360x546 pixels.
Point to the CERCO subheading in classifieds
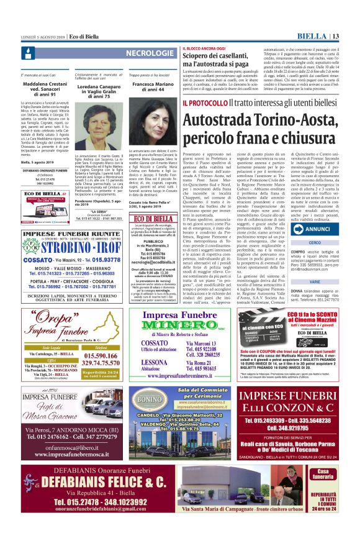(x=315, y=243)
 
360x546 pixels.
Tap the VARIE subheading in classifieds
(x=315, y=281)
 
